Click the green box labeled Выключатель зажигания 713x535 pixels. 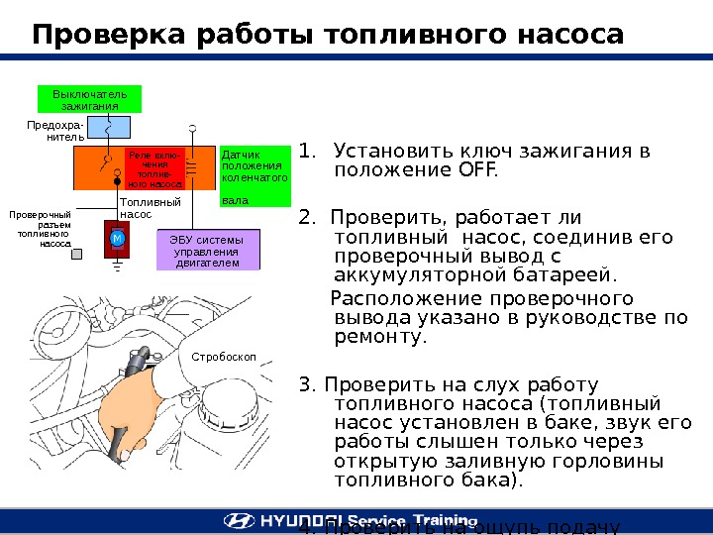tap(89, 100)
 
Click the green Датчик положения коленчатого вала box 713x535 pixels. tap(255, 177)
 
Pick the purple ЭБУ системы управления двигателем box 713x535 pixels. tap(208, 251)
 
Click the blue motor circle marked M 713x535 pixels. tap(116, 240)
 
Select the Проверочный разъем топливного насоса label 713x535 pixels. tap(41, 228)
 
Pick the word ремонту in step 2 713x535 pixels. tap(381, 337)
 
